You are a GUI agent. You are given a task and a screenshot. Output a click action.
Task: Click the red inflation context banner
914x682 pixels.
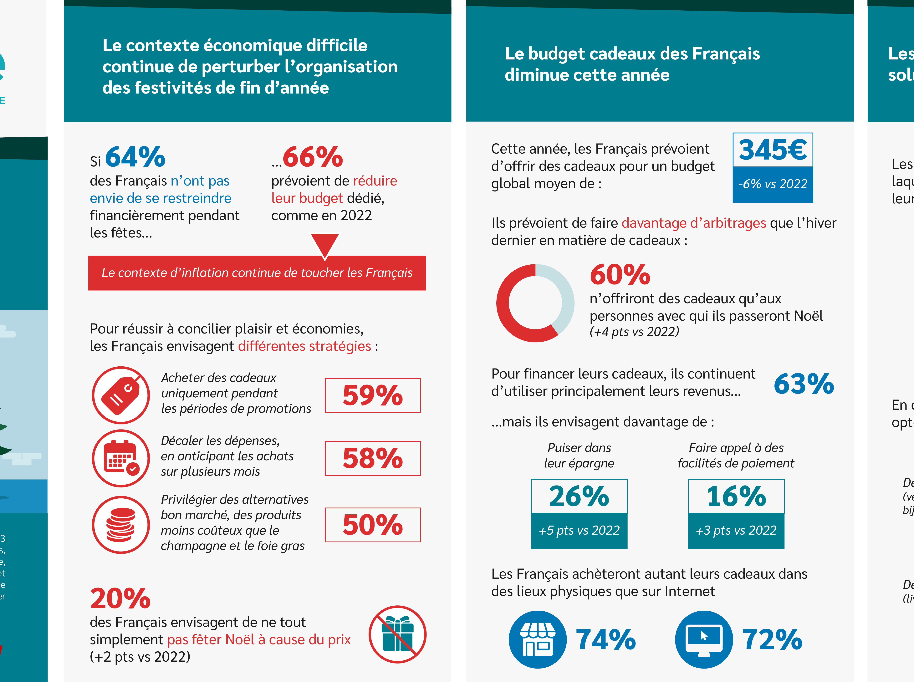(x=257, y=273)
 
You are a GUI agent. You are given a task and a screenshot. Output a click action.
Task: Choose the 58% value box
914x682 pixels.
(x=373, y=458)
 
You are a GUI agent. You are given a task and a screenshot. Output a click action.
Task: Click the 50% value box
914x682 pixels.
(x=373, y=525)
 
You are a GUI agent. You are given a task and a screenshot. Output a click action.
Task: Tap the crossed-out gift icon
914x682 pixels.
(x=397, y=634)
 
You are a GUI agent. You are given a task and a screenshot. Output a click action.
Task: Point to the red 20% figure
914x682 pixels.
(x=120, y=599)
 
